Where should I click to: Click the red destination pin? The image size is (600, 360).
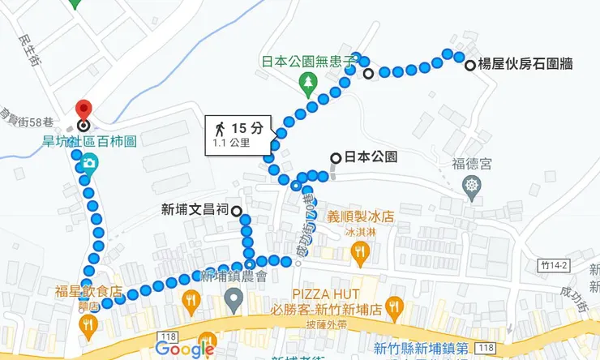(x=83, y=111)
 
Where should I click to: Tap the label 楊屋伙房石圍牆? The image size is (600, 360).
(x=525, y=66)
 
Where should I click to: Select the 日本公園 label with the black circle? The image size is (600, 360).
(x=370, y=157)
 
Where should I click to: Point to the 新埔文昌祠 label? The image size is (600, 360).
(x=196, y=211)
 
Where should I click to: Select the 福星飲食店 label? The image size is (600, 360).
(x=88, y=291)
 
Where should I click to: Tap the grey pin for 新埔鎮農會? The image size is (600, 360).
(x=234, y=302)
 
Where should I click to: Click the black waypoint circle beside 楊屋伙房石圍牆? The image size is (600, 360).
(x=470, y=66)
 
